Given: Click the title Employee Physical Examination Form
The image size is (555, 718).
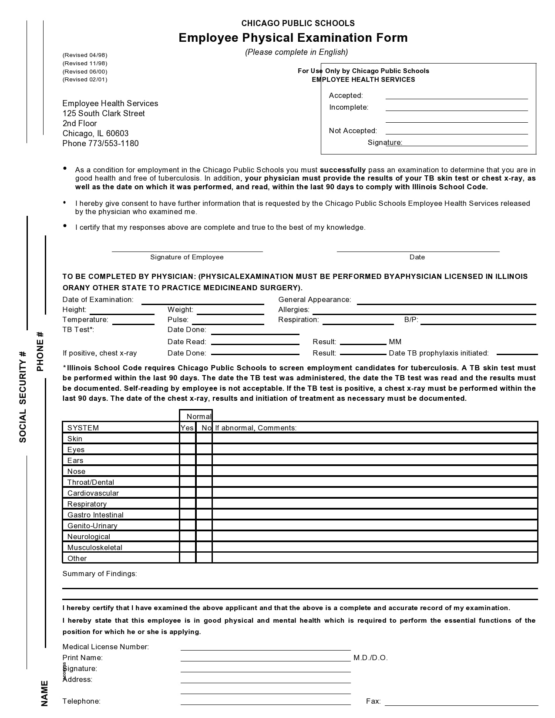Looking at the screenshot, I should pos(293,38).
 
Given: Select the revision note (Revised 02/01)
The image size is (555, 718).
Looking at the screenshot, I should pos(85,80).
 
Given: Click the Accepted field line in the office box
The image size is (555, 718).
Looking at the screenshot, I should pos(456,96).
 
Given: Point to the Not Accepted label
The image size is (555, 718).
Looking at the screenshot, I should pos(353,131).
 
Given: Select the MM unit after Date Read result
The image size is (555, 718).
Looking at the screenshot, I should pos(395,342).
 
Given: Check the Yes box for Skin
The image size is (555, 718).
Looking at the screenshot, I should pos(188,438).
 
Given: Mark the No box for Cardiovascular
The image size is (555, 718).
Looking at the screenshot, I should pos(204,493).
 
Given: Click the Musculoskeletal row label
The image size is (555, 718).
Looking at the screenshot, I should pos(94,547).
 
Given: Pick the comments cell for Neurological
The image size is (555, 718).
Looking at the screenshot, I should pos(374,536).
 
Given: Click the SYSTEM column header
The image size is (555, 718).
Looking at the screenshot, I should pos(83,428).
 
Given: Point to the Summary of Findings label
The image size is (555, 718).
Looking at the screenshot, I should pos(99,574).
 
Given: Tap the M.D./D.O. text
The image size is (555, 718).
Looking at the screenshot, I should pos(370,658).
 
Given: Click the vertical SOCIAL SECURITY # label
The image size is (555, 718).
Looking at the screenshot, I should pos(23,396).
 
